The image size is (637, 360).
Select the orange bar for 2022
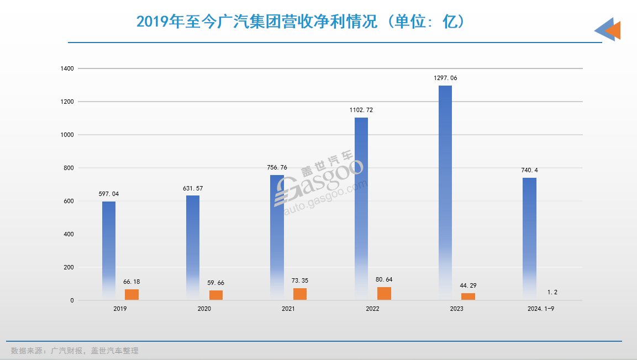pyautogui.click(x=384, y=294)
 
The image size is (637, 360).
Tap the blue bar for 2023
pyautogui.click(x=445, y=193)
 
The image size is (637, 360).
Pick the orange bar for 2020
pyautogui.click(x=216, y=295)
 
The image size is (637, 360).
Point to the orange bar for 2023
pyautogui.click(x=468, y=297)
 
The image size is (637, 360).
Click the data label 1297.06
pyautogui.click(x=445, y=78)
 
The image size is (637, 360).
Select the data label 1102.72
pyautogui.click(x=361, y=110)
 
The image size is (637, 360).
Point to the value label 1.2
pyautogui.click(x=552, y=293)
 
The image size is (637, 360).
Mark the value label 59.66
pyautogui.click(x=215, y=283)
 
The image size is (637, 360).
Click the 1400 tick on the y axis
pyautogui.click(x=68, y=68)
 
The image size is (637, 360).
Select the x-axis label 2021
pyautogui.click(x=288, y=309)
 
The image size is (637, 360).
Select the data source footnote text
pyautogui.click(x=75, y=351)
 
